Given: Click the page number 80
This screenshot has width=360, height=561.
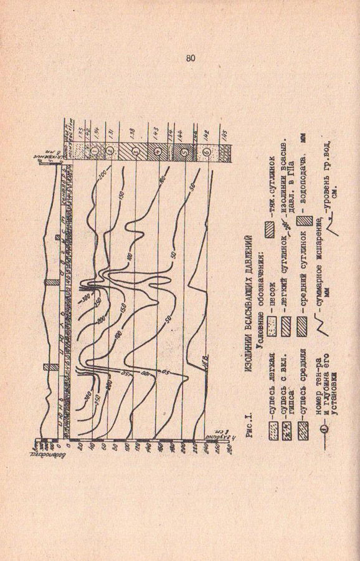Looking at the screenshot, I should [x=190, y=58].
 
